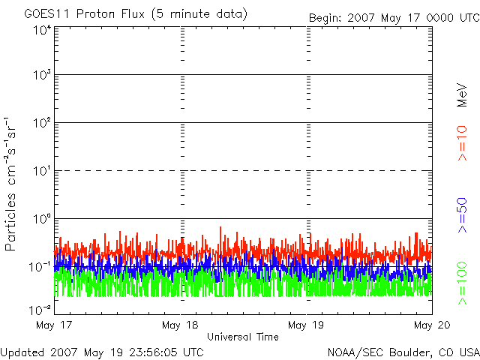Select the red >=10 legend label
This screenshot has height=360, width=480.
coord(462,143)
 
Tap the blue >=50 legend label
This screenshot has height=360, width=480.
coord(462,215)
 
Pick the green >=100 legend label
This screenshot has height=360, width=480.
coord(462,283)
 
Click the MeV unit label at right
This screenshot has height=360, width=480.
coord(462,95)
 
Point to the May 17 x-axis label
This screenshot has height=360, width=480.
coord(54,325)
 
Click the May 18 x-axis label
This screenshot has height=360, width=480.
coord(180,325)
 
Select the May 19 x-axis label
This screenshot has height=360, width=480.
coord(306,325)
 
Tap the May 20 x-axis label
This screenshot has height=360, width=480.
coord(432,325)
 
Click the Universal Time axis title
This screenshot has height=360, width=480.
coord(243,337)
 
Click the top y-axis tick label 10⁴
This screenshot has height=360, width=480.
coord(41,30)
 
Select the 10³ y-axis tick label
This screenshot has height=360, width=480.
coord(41,74)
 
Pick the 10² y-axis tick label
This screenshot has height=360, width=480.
coord(41,122)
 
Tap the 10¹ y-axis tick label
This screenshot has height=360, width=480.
coord(41,171)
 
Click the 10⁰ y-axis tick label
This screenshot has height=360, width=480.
coord(41,219)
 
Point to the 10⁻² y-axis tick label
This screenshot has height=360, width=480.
coord(40,310)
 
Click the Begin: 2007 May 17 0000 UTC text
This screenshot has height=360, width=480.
coord(394,18)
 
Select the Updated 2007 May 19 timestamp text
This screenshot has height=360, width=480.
coord(102,352)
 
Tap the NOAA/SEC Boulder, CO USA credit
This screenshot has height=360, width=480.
coord(403,352)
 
